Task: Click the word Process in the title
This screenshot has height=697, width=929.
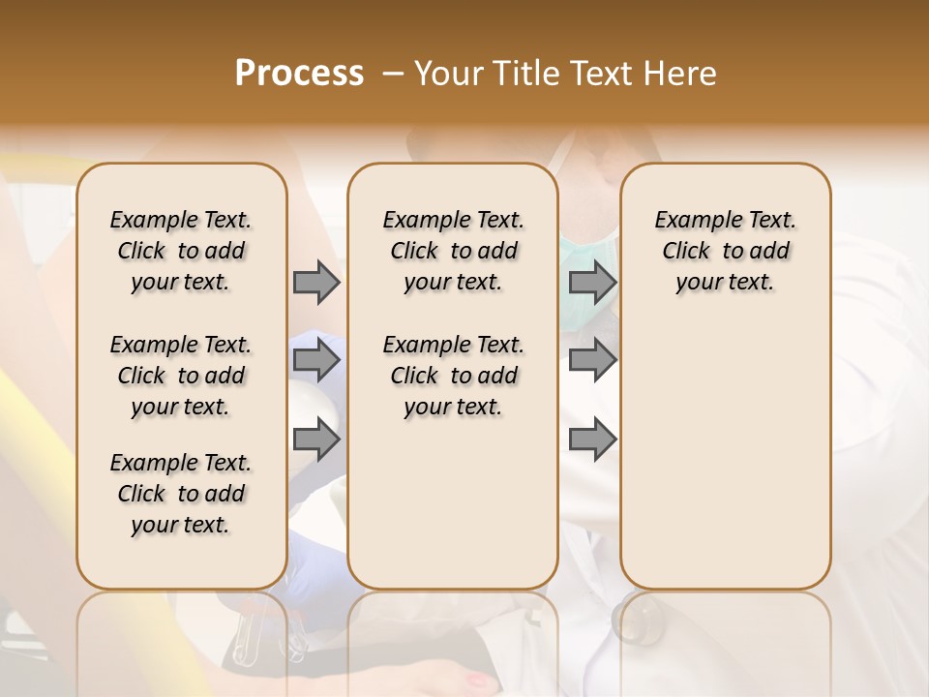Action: pos(299,74)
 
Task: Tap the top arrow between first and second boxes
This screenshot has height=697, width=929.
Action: pos(315,282)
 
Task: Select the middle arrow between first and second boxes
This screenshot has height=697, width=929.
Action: pos(315,361)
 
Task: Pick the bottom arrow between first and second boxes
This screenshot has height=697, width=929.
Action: pos(315,440)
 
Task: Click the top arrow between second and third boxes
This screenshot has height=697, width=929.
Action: pos(592,282)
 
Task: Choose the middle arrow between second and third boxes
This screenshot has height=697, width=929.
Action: pos(592,361)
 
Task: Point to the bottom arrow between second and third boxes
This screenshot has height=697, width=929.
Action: pos(592,440)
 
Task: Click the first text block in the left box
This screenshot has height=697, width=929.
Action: pos(181,251)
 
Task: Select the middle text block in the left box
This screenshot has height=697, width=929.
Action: pos(181,376)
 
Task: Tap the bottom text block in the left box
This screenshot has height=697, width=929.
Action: pos(181,494)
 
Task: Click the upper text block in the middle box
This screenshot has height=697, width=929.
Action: pos(453,251)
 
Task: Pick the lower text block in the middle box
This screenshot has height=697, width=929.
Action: pos(453,376)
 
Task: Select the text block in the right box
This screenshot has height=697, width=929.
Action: pos(725,251)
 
